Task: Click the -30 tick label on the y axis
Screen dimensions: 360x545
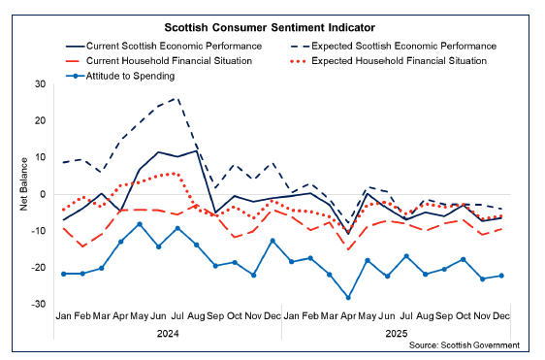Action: coord(39,304)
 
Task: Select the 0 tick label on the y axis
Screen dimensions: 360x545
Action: coord(44,194)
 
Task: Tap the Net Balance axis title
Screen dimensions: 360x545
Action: coord(20,194)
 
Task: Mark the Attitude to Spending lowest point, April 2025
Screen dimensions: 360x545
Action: coord(347,297)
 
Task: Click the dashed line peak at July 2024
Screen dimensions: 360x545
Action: coord(176,98)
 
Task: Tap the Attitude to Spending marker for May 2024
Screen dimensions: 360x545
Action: coord(141,224)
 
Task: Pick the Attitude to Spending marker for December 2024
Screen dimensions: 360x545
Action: coord(272,240)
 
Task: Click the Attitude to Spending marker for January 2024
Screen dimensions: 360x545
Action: coord(64,274)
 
